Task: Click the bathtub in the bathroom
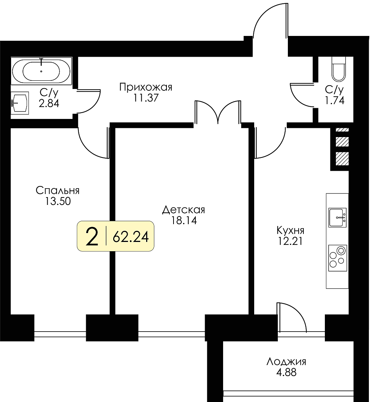[x=41, y=71]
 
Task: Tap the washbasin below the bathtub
[x=20, y=103]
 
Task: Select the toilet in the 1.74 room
[x=339, y=69]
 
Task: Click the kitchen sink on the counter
[x=337, y=217]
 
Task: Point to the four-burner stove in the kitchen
[x=337, y=258]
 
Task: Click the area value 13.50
[x=58, y=201]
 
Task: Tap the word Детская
[x=184, y=210]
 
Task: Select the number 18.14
[x=184, y=220]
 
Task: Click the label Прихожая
[x=146, y=87]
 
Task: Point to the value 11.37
[x=146, y=98]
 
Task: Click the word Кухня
[x=290, y=230]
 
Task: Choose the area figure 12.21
[x=290, y=241]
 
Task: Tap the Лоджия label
[x=286, y=362]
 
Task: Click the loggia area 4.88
[x=286, y=372]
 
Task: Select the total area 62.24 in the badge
[x=131, y=236]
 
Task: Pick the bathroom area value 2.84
[x=49, y=103]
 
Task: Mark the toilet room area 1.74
[x=334, y=100]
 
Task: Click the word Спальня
[x=58, y=190]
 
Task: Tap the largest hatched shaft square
[x=342, y=159]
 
